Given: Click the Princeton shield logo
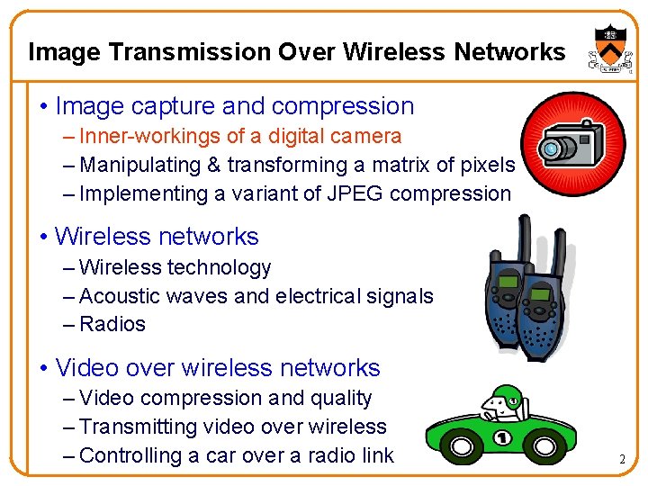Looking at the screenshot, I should (605, 49).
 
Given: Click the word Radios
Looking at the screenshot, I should (112, 324).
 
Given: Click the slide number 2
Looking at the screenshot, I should (622, 460).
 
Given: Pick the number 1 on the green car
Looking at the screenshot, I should (504, 439).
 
